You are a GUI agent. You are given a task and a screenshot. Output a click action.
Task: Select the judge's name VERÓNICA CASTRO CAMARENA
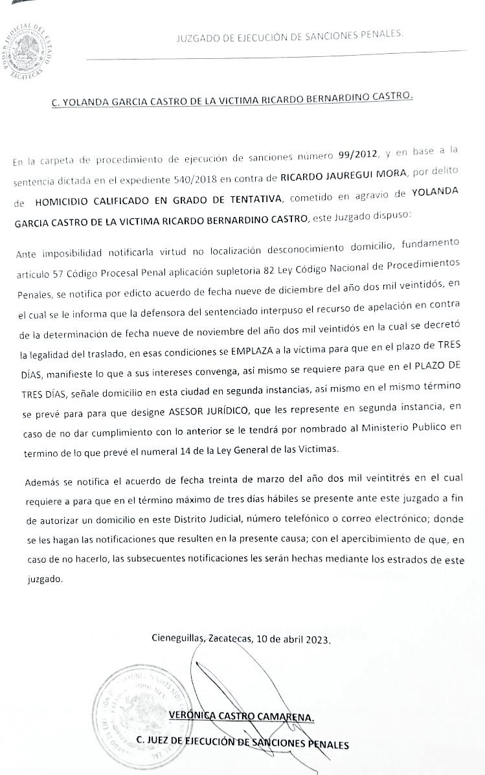241,715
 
